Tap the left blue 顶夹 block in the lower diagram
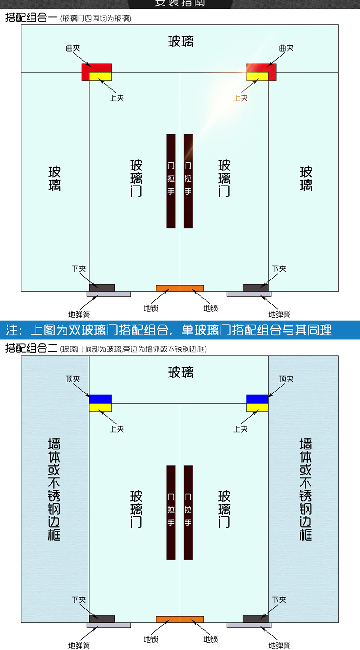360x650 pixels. pos(100,399)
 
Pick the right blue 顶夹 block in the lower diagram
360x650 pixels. pos(257,399)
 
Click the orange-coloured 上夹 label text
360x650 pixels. pos(241,98)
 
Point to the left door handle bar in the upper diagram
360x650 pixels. pos(171,181)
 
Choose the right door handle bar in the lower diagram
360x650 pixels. pos(188,512)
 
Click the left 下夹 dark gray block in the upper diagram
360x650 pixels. pos(102,288)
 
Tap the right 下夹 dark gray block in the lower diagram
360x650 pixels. pos(256,619)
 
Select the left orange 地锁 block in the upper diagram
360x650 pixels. pos(168,288)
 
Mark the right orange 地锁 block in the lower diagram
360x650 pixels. pos(192,619)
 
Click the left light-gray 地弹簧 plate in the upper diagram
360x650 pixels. pos(108,294)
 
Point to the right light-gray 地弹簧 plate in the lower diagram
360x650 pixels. pos(249,625)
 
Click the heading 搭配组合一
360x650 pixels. pos(31,19)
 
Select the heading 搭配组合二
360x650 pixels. pos(31,349)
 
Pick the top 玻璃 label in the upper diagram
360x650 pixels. pos(180,41)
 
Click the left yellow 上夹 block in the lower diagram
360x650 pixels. pos(100,408)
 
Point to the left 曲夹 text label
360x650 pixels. pos(73,48)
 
